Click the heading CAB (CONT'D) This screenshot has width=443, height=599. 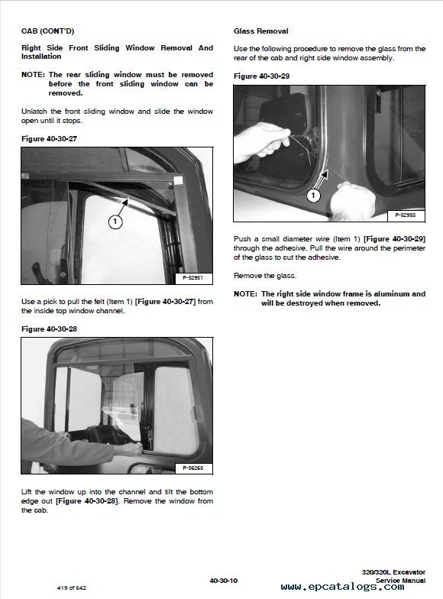(x=47, y=31)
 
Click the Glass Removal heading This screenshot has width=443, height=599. (x=261, y=31)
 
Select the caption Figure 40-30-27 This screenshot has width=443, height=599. (x=49, y=139)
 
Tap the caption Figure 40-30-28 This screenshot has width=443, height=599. (x=49, y=329)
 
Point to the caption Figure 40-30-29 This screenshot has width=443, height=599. (x=261, y=76)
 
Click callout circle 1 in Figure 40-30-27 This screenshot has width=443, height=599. (x=115, y=222)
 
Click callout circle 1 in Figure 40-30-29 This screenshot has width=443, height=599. (x=313, y=196)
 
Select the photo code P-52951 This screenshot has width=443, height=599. (x=192, y=278)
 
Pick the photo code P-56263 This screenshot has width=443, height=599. (x=192, y=468)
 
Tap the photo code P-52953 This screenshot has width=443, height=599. (x=405, y=215)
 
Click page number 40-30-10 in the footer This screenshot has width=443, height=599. (x=223, y=581)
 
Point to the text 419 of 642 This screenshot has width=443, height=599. (x=72, y=588)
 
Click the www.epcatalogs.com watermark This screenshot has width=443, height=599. (x=342, y=587)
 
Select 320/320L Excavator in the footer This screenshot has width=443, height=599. (x=393, y=572)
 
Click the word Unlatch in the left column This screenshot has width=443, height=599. (x=34, y=112)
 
